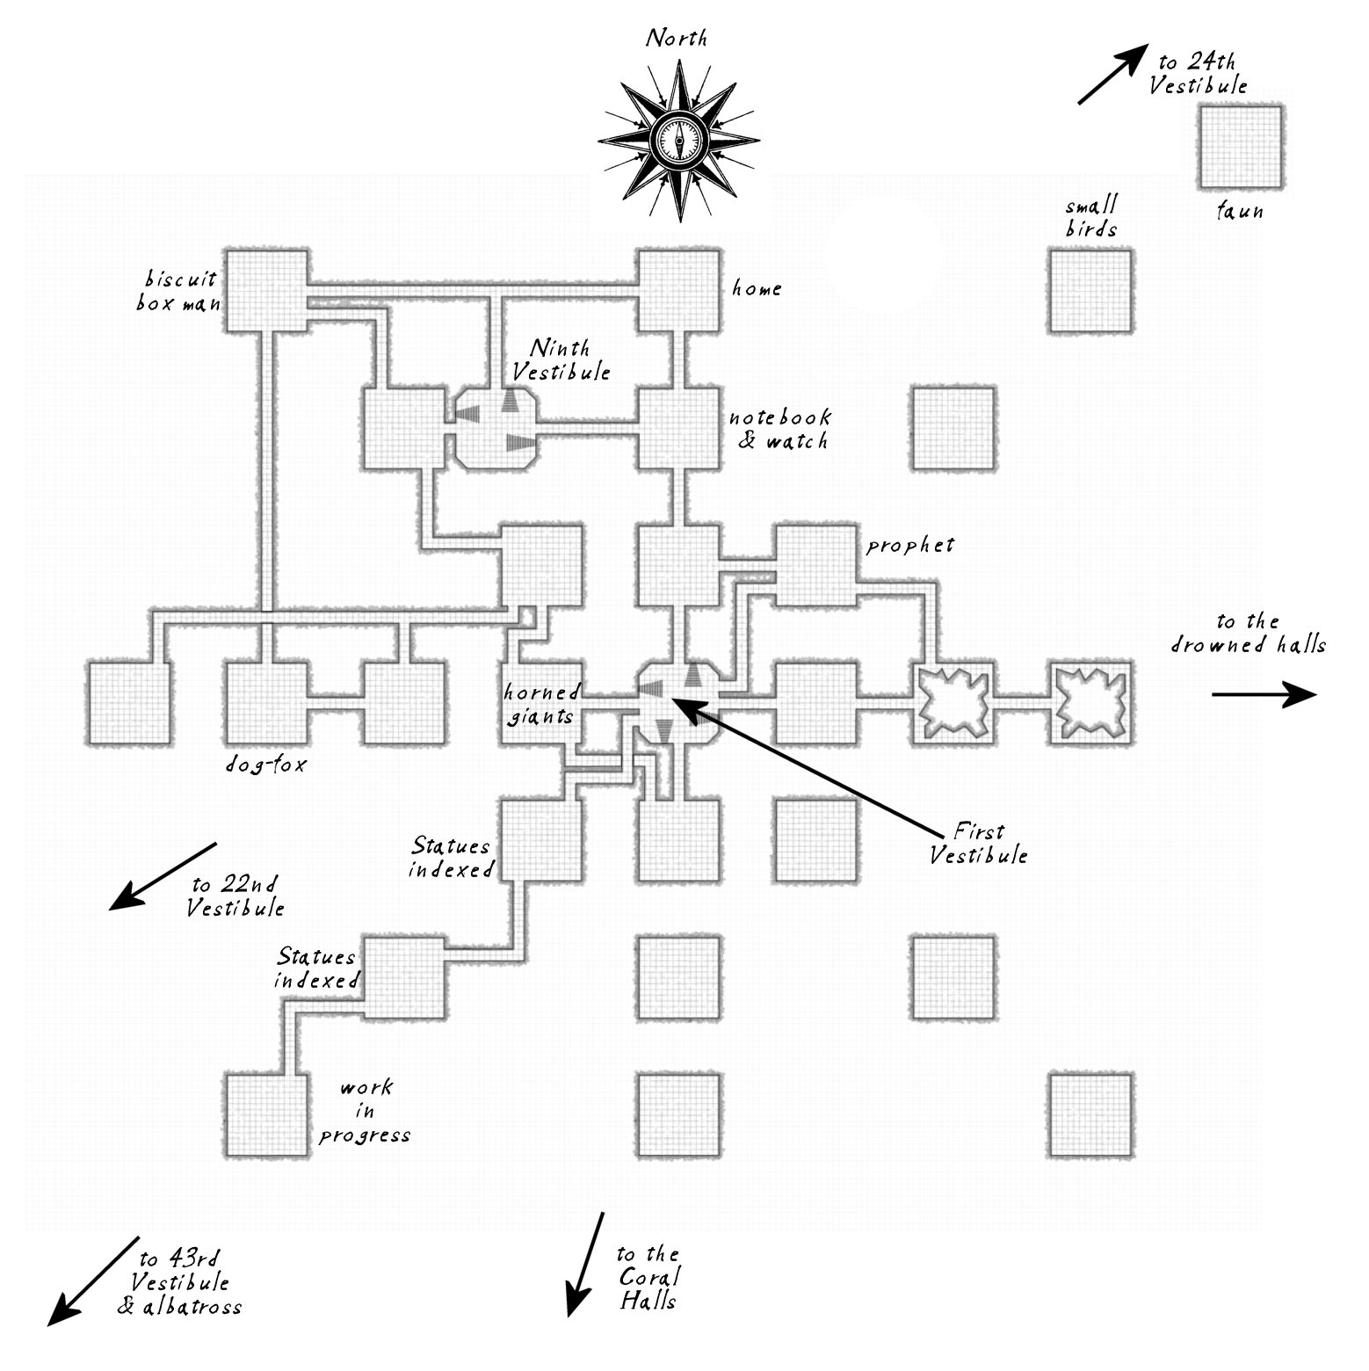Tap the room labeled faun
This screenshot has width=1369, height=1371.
click(1239, 146)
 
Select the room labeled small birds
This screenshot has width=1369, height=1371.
click(1090, 291)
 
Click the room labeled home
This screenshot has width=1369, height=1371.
click(679, 291)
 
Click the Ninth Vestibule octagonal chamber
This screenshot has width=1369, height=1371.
click(496, 428)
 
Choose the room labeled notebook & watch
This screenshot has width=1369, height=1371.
click(679, 428)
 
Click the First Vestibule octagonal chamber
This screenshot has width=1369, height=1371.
click(679, 701)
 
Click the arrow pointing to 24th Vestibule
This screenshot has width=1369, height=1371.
click(1112, 76)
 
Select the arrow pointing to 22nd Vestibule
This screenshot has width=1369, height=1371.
click(163, 875)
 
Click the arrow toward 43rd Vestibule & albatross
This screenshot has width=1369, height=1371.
click(94, 1280)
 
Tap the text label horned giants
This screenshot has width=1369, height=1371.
click(541, 703)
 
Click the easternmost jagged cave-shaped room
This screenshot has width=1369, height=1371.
click(1091, 702)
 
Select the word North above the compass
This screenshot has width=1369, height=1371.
click(677, 39)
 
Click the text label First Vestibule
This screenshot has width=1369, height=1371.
click(978, 843)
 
